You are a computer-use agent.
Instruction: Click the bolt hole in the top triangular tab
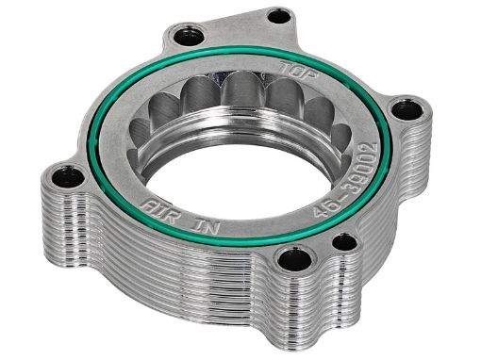pos(278,16)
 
